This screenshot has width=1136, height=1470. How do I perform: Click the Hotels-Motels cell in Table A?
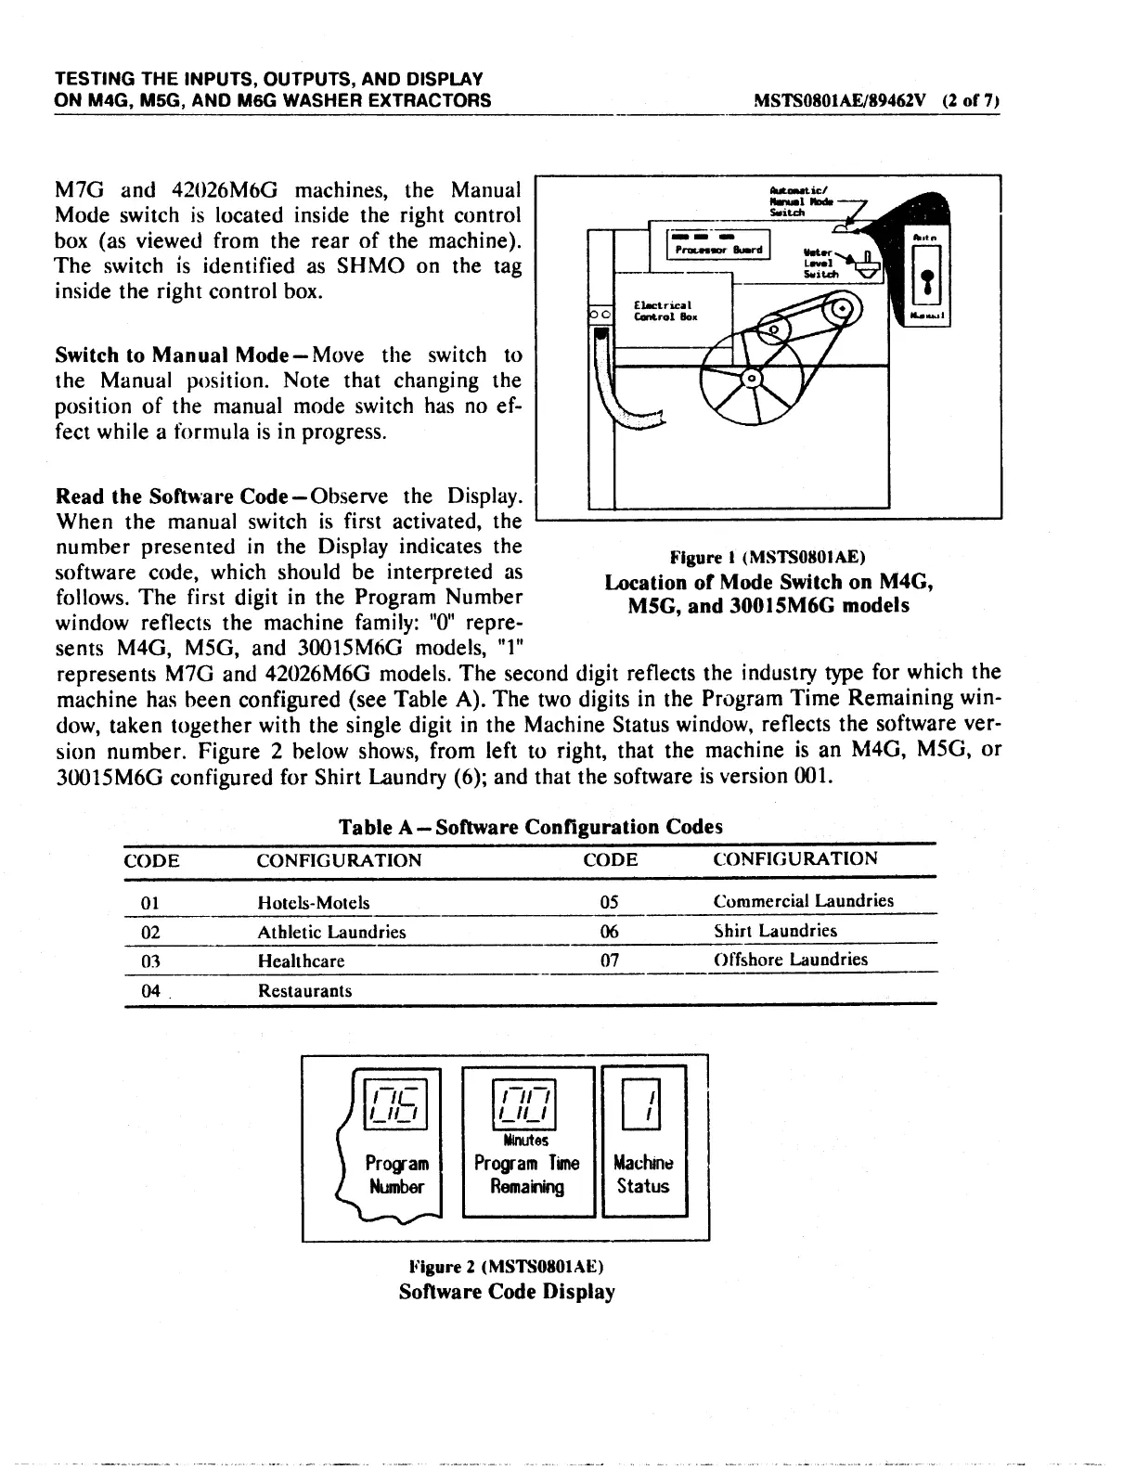(x=313, y=902)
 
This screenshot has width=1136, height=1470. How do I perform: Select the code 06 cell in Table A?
(x=609, y=931)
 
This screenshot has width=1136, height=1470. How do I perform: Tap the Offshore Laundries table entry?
(x=790, y=960)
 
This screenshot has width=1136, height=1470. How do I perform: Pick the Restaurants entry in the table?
(x=304, y=990)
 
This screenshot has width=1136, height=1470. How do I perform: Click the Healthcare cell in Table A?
(x=301, y=961)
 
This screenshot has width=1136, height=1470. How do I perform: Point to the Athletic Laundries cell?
(x=331, y=932)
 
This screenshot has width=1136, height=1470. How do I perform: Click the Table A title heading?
(x=530, y=826)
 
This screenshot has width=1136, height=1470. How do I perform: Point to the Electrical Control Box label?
(x=665, y=311)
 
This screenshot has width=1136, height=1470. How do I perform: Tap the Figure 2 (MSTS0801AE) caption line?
(x=507, y=1267)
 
